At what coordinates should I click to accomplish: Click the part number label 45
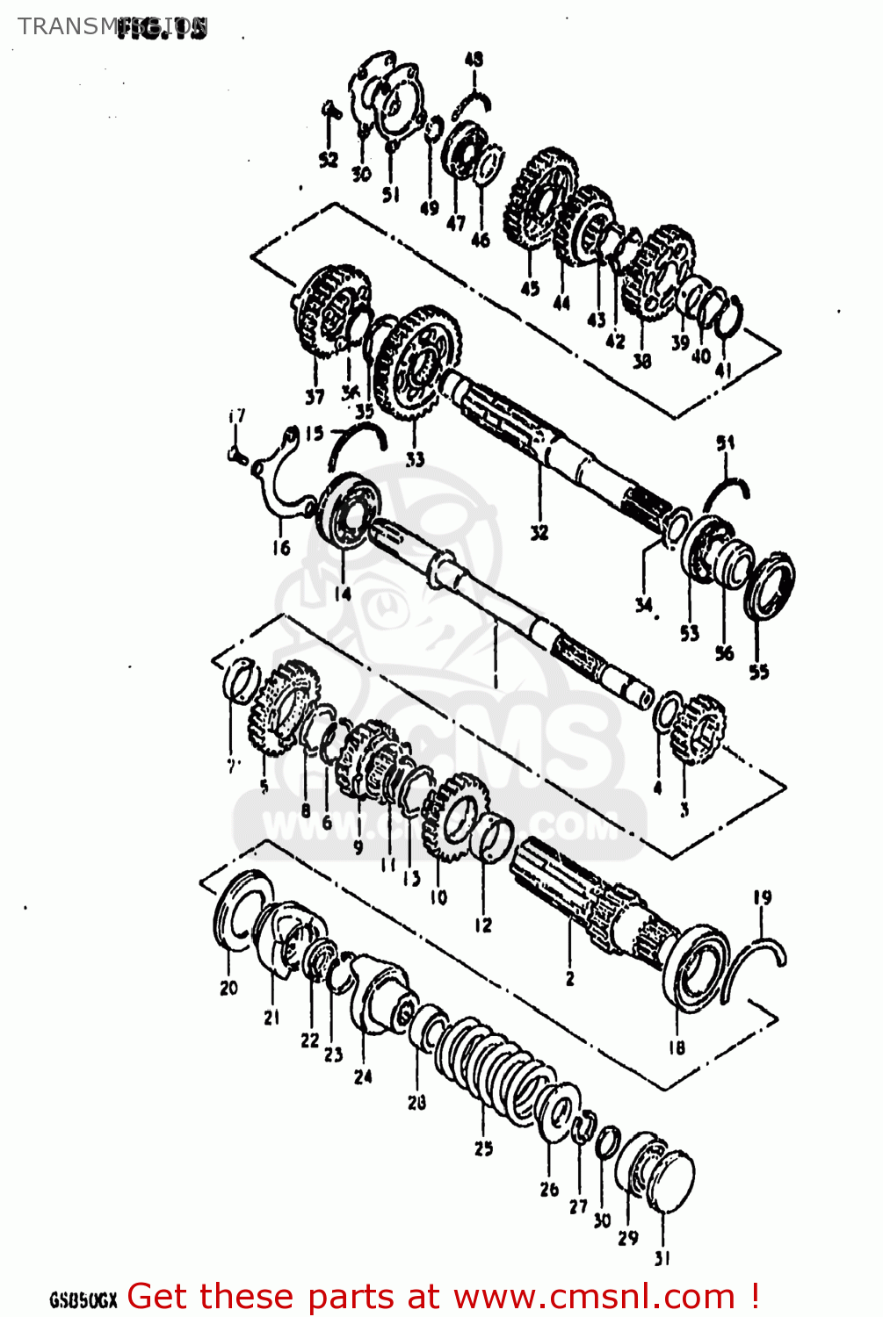point(530,287)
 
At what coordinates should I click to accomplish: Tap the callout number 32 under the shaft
point(539,531)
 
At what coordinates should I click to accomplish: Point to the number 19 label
point(762,897)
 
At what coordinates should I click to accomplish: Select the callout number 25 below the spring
point(483,1148)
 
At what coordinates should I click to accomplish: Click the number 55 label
point(758,672)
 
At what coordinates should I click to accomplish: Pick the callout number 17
point(236,416)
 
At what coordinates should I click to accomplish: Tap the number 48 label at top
point(474,60)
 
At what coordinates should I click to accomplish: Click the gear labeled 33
point(415,364)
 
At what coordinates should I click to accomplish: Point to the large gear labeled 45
point(538,200)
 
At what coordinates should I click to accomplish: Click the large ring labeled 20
point(237,913)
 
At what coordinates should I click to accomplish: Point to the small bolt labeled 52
point(329,112)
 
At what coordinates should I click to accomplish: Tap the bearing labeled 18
point(694,966)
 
